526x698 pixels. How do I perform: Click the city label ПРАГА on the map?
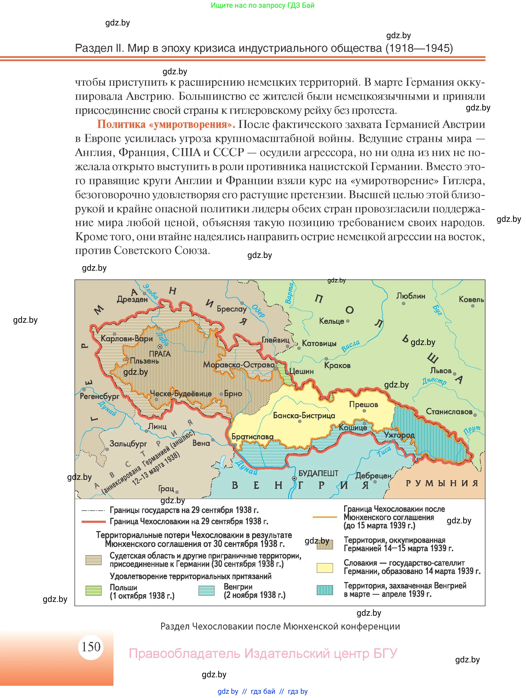click(160, 354)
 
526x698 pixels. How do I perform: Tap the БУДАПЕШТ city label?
click(318, 473)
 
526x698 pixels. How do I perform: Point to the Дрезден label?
click(132, 299)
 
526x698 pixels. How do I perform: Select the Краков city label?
click(337, 365)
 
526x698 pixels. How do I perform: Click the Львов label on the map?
click(441, 370)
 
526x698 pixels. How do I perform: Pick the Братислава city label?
click(252, 437)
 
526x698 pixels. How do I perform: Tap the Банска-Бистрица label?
click(304, 416)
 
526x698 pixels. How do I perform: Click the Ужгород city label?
click(399, 435)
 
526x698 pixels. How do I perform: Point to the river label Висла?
click(350, 346)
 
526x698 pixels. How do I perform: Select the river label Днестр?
click(434, 381)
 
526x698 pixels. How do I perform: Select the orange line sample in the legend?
click(325, 517)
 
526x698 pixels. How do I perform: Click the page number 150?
click(91, 647)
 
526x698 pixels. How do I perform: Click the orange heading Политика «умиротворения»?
click(166, 124)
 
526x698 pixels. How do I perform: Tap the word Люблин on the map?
click(411, 296)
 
